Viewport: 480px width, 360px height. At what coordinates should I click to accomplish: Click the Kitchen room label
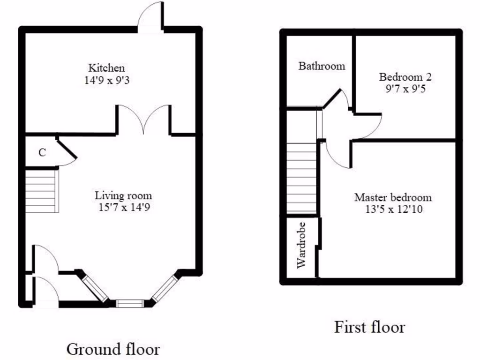[106, 68]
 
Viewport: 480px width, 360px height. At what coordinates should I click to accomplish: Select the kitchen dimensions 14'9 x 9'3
[106, 80]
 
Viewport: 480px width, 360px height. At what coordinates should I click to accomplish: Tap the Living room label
[123, 195]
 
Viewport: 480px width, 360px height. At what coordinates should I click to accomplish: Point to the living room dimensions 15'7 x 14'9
[123, 208]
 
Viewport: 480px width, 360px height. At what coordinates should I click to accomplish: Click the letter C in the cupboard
[42, 153]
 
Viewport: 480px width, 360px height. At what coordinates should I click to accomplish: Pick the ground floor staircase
[42, 191]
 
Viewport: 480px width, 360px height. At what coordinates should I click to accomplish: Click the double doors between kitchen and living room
[143, 120]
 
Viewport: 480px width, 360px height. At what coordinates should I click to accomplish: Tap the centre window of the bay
[129, 303]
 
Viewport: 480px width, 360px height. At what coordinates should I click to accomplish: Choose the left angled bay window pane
[95, 288]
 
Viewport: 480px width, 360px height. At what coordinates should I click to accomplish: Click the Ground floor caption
[113, 349]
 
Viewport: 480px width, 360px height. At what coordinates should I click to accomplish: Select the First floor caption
[369, 327]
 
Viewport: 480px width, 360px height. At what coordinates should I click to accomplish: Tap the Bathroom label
[322, 66]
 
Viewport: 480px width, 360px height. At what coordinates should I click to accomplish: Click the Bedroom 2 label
[405, 77]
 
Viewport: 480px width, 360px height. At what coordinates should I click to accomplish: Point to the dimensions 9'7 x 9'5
[405, 89]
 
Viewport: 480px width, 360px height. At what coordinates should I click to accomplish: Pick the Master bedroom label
[393, 197]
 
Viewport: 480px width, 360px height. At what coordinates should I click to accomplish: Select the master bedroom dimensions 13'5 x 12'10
[393, 210]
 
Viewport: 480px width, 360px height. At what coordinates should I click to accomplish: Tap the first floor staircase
[301, 178]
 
